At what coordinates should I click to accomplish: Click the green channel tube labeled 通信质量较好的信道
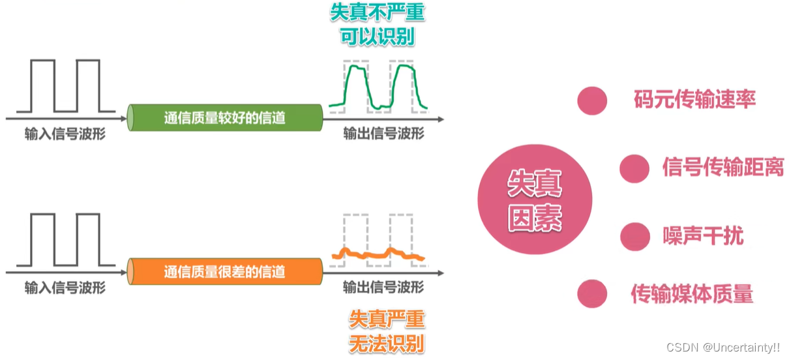point(225,118)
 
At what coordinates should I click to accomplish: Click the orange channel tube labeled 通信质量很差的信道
point(225,271)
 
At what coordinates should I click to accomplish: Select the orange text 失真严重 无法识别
point(387,331)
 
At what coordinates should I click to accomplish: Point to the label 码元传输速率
point(694,99)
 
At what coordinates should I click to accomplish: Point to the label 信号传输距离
point(722,167)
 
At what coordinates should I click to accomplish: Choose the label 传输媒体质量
point(692,293)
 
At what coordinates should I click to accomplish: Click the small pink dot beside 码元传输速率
point(592,100)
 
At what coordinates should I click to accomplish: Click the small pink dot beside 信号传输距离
point(634,168)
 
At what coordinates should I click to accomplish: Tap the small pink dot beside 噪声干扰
point(635,236)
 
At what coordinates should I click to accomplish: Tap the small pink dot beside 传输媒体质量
point(592,294)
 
